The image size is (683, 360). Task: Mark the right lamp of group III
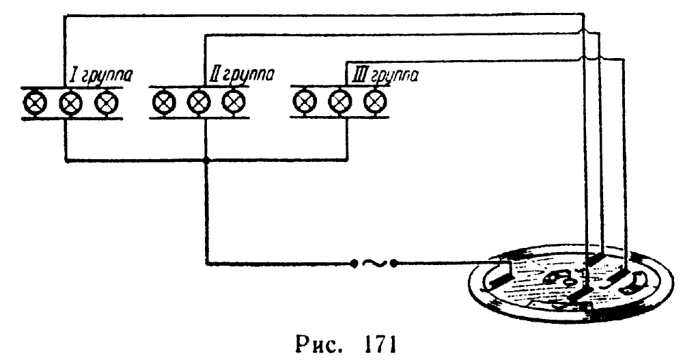click(373, 103)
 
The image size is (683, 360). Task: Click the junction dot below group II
click(206, 161)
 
